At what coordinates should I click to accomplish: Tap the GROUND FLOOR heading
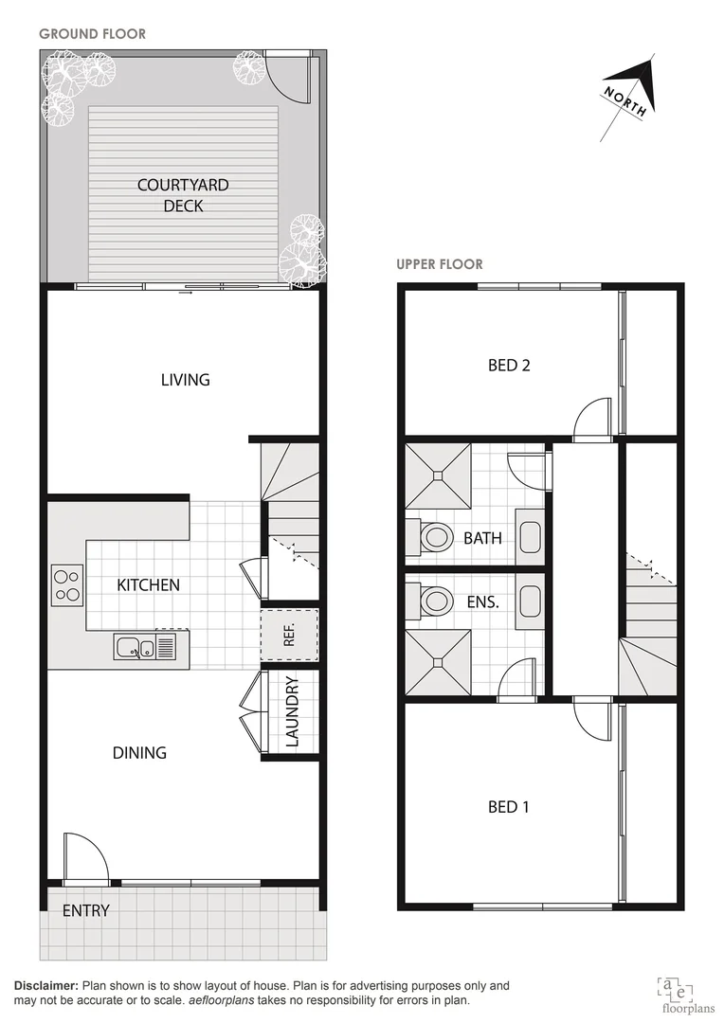tap(92, 34)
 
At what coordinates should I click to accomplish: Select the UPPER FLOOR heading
tap(440, 264)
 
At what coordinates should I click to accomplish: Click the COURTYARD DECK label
tap(183, 195)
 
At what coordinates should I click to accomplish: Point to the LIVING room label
tap(185, 380)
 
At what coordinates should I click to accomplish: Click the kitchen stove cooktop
tap(66, 584)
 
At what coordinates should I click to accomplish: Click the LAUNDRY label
tap(292, 711)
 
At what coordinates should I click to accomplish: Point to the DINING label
tap(139, 753)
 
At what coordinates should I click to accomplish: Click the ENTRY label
tap(86, 911)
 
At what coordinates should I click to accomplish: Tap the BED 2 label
tap(509, 366)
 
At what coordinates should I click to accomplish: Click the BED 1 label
tap(509, 807)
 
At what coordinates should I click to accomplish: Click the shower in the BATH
tap(438, 476)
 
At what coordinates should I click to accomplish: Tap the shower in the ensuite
tap(438, 663)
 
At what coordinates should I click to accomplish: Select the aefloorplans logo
tap(677, 990)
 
